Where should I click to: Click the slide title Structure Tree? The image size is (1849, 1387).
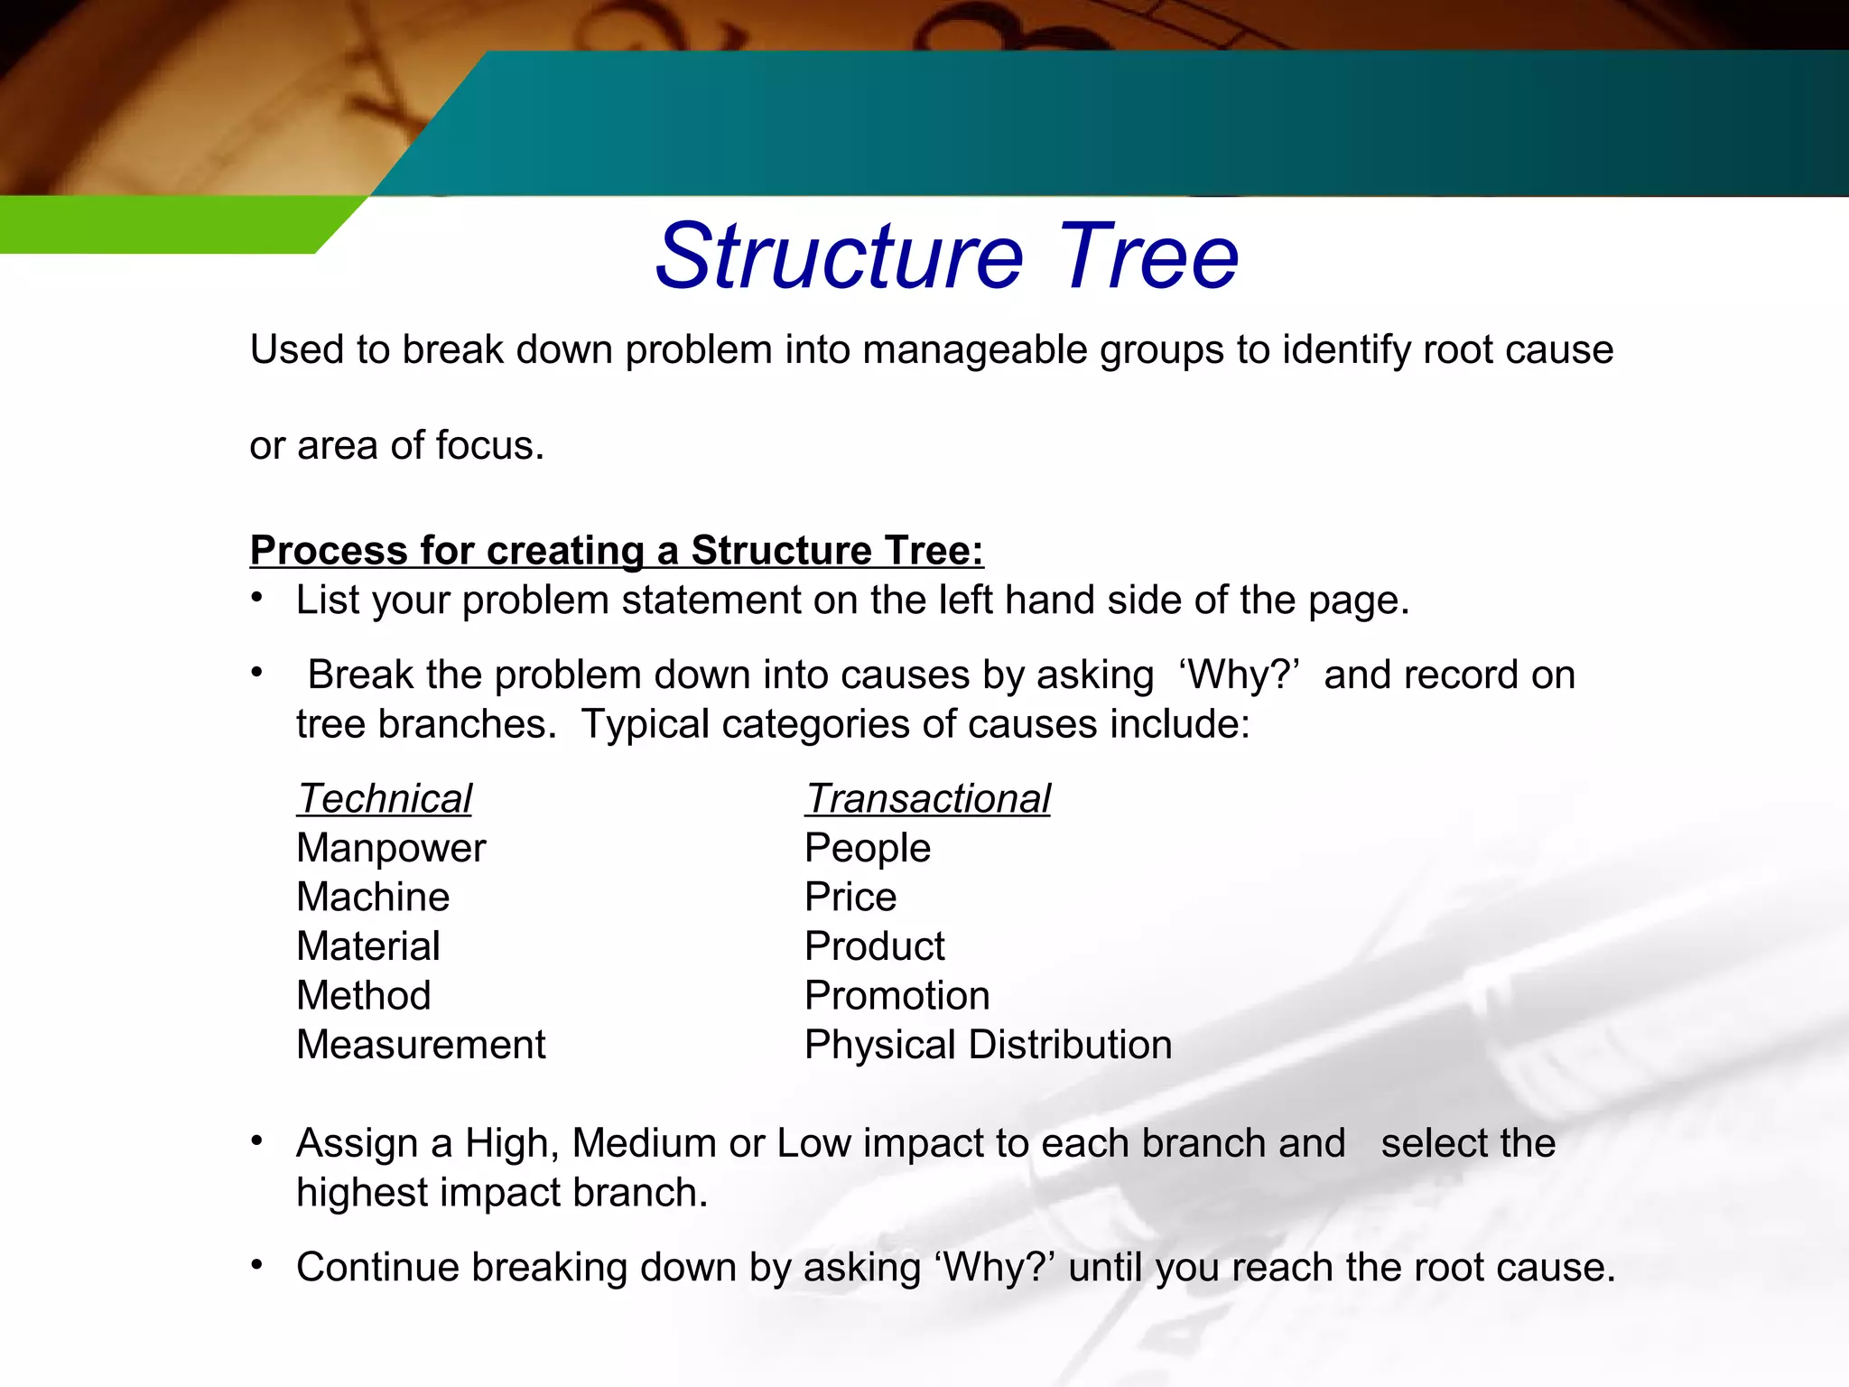(x=946, y=256)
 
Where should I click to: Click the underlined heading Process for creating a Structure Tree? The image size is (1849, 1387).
(x=617, y=550)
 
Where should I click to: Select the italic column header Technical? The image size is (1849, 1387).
(x=385, y=799)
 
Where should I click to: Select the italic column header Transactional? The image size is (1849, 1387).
(x=927, y=799)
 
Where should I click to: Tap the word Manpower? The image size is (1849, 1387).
(x=391, y=848)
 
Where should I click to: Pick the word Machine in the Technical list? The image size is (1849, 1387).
(x=373, y=898)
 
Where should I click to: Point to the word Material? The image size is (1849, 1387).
(x=368, y=946)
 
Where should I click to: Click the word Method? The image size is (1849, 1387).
(x=364, y=996)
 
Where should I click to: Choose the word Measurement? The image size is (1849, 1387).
(x=421, y=1045)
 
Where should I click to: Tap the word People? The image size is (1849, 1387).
(x=867, y=848)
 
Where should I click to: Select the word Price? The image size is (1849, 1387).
(x=850, y=898)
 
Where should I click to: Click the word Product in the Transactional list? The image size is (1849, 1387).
(x=874, y=946)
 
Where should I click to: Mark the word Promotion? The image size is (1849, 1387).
(x=897, y=996)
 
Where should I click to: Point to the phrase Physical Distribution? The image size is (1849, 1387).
(x=988, y=1045)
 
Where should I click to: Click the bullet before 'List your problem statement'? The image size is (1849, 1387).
(x=257, y=597)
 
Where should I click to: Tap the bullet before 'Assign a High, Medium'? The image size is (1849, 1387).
(x=257, y=1140)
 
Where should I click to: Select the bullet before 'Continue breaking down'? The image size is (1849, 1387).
(x=257, y=1264)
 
